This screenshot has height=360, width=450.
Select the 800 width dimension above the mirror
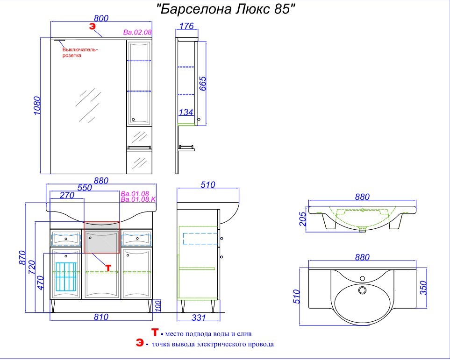101,18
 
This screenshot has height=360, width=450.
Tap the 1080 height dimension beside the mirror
37,106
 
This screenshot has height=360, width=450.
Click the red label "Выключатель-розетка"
80,52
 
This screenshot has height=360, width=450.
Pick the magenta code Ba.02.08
137,32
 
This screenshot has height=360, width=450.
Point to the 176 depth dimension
186,26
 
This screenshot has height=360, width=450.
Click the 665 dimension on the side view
203,84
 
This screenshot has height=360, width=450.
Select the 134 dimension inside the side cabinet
186,112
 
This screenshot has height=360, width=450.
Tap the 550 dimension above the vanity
85,188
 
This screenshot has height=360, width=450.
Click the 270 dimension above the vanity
67,195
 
